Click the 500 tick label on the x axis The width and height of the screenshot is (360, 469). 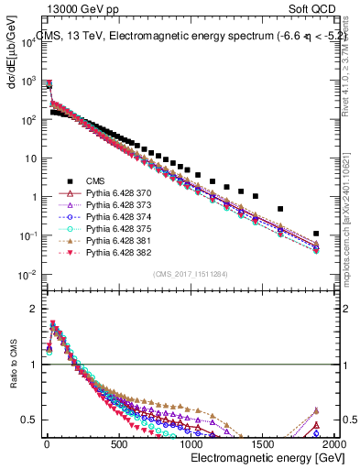pyautogui.click(x=117, y=443)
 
